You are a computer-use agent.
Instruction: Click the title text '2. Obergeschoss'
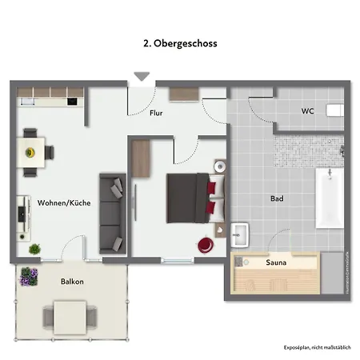(179, 43)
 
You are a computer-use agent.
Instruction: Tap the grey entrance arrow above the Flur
(142, 77)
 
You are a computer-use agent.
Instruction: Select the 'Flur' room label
(157, 114)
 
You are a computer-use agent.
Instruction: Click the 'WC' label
(307, 110)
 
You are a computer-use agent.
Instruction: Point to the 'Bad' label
(278, 198)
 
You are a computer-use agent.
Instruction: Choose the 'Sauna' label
(277, 262)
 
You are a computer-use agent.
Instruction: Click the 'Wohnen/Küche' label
(64, 203)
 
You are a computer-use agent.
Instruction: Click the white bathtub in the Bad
(330, 198)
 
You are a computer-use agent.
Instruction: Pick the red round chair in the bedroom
(206, 242)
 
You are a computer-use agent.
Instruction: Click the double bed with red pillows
(189, 198)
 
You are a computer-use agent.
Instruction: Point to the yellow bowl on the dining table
(31, 151)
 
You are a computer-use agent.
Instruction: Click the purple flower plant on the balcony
(29, 277)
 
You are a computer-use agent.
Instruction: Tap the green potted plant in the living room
(35, 250)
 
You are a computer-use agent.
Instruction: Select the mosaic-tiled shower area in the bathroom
(310, 147)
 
